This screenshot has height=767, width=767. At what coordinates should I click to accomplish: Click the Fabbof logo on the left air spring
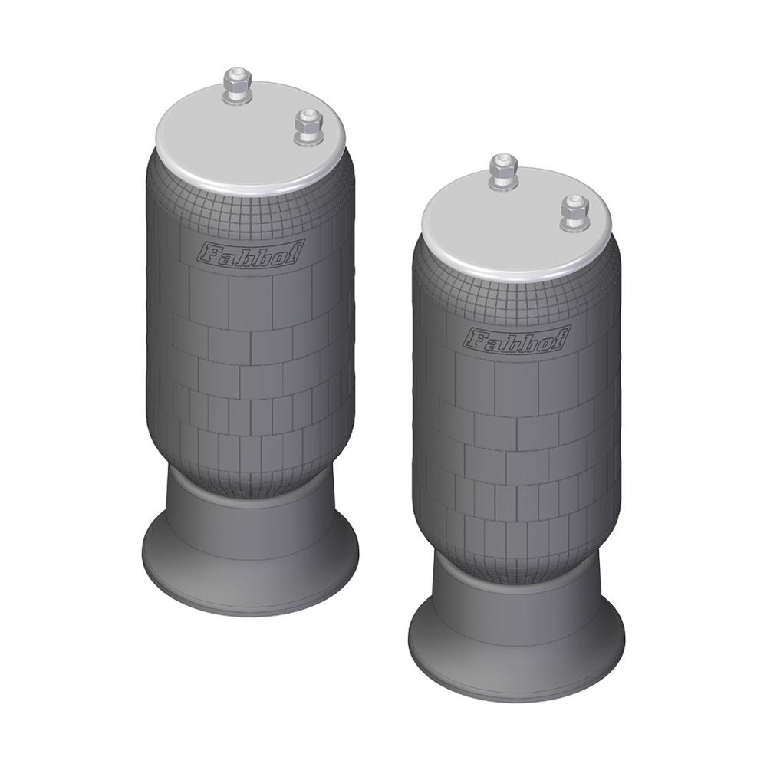point(249,253)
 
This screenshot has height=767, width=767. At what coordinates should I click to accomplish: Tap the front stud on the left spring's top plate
point(308,127)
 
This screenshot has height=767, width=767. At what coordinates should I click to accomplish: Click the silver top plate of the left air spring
point(251,137)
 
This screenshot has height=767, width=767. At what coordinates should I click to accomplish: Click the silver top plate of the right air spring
point(517,223)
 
